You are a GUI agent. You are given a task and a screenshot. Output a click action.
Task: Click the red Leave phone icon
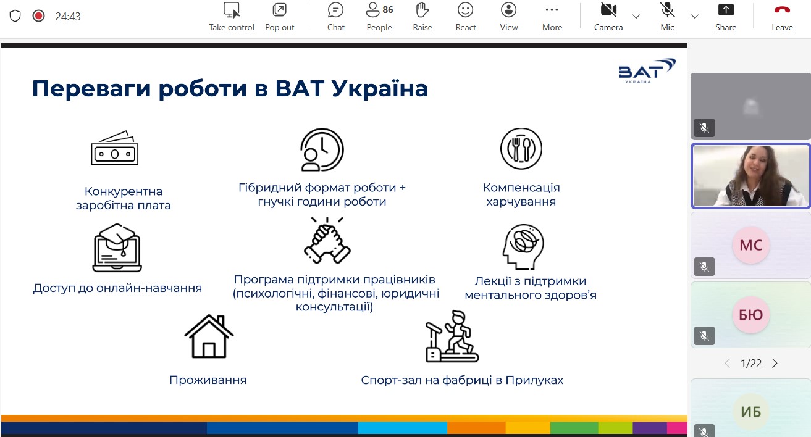tap(782, 10)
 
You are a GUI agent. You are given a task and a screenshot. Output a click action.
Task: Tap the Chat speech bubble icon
tap(335, 10)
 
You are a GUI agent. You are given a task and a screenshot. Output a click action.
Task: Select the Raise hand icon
tap(422, 10)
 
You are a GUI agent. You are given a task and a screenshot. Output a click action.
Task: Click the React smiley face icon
tap(465, 10)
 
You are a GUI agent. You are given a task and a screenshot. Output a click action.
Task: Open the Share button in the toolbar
tap(726, 17)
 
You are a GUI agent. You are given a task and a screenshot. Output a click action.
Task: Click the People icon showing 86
tap(373, 10)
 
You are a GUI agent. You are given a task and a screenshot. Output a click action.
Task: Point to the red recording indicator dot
tap(38, 16)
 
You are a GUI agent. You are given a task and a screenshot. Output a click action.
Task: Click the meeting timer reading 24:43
tap(68, 16)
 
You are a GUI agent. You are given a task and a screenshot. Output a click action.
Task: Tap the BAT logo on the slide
tap(647, 71)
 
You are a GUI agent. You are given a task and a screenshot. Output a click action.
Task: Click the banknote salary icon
tap(115, 148)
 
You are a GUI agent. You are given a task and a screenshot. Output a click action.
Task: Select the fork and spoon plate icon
tap(521, 149)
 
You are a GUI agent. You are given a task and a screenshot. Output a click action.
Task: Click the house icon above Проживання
tap(209, 336)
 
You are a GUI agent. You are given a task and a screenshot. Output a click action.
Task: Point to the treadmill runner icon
tap(452, 337)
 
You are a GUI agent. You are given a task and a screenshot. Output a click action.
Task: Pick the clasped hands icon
tap(327, 241)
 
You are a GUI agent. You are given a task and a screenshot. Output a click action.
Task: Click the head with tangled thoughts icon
tap(523, 247)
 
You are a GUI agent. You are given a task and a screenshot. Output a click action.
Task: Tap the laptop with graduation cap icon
tap(117, 248)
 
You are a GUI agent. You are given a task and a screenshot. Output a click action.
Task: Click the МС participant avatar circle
tap(750, 245)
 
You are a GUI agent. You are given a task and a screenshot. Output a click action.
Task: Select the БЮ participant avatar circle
tap(750, 315)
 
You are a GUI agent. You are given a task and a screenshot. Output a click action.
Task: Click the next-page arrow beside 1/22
tap(775, 363)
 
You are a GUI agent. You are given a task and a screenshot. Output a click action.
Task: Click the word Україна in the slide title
tap(380, 89)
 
